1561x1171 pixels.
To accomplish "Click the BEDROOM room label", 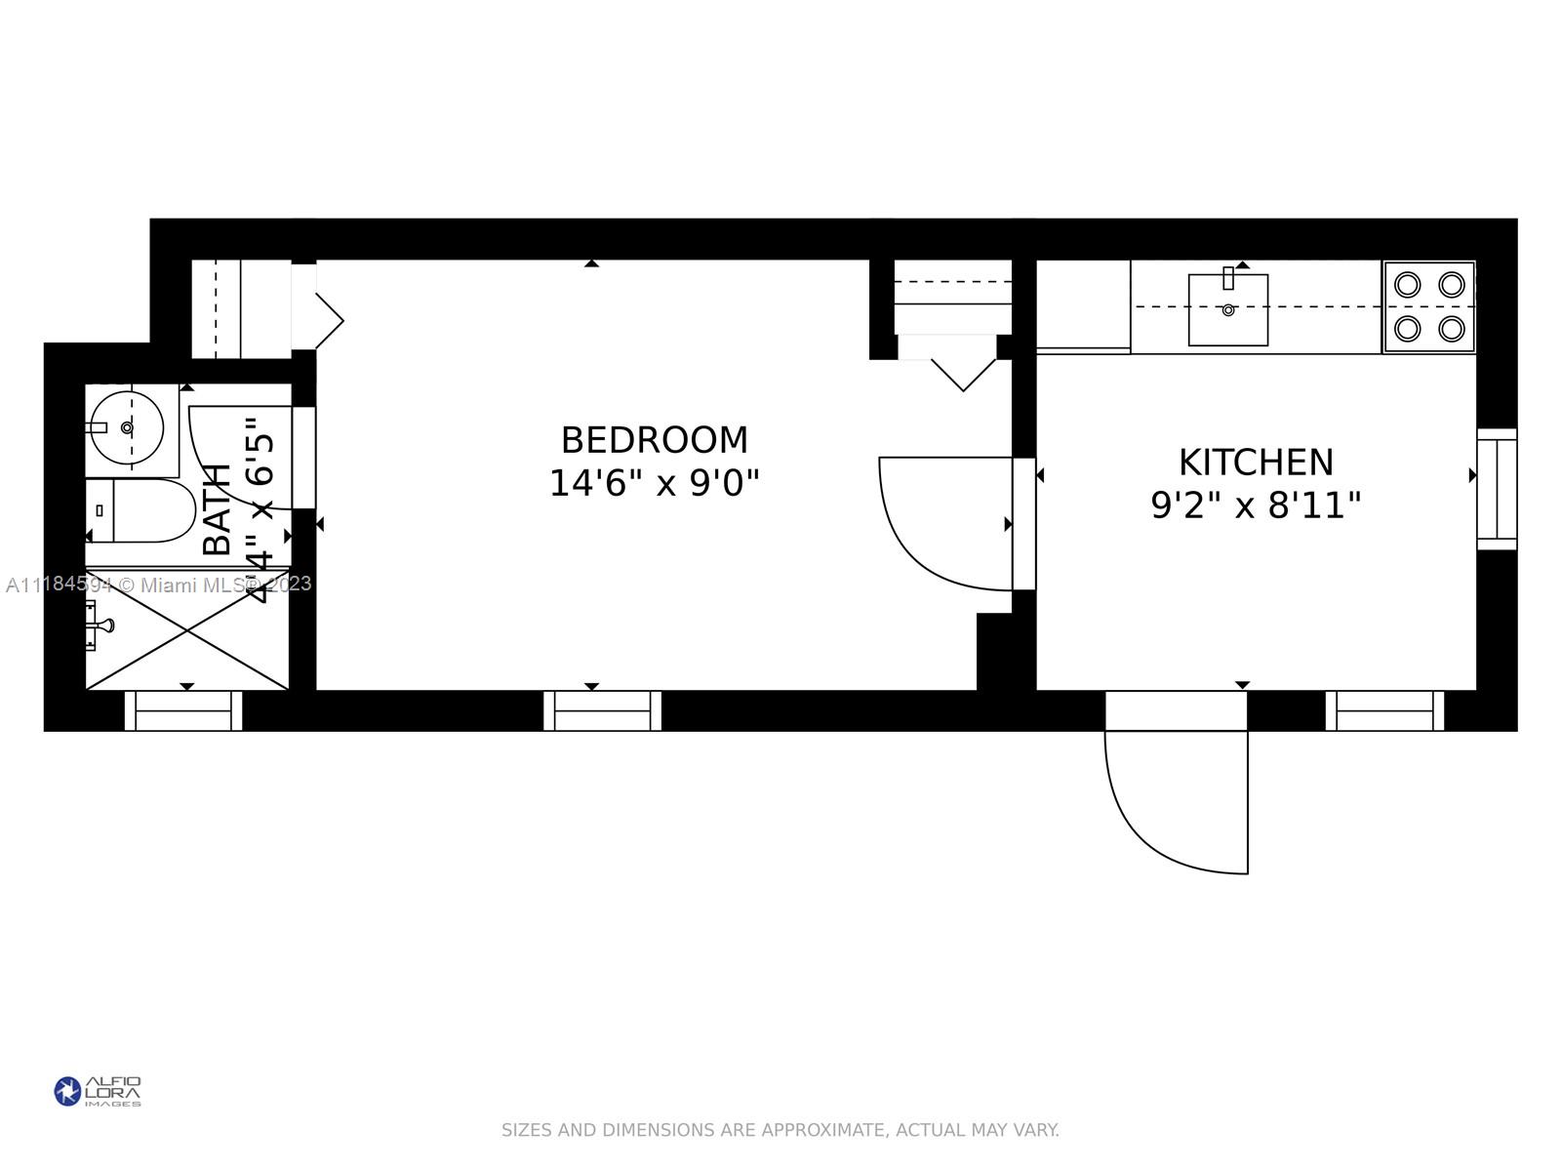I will [x=654, y=440].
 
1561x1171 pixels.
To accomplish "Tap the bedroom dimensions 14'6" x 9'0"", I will [x=654, y=483].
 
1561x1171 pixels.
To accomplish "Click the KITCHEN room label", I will [x=1256, y=462].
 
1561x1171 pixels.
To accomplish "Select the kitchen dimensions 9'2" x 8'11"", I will [x=1256, y=505].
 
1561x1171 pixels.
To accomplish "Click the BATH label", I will [x=217, y=509].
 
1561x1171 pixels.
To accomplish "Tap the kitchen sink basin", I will [x=1227, y=309].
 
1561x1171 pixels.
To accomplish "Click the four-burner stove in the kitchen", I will [x=1429, y=307].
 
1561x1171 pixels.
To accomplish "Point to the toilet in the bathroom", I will [x=146, y=510].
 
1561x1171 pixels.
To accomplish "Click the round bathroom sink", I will [x=127, y=427].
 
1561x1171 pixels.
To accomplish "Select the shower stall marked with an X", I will [x=187, y=629].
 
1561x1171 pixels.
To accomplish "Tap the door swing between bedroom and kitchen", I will [x=941, y=522].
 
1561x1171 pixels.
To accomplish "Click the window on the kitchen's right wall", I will [x=1497, y=488].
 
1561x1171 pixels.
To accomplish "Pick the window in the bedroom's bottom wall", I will [x=602, y=710].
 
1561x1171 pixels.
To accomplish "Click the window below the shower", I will [x=183, y=710].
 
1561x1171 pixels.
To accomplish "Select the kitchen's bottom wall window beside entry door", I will [x=1384, y=710].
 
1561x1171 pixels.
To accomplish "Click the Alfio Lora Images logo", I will [x=98, y=1091].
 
